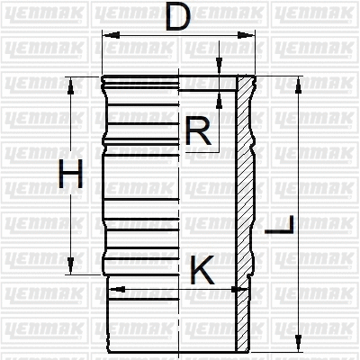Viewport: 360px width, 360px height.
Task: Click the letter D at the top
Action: point(180,16)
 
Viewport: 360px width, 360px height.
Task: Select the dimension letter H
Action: point(70,174)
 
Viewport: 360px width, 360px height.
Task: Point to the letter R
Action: point(198,133)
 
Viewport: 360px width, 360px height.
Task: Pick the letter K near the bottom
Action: point(203,270)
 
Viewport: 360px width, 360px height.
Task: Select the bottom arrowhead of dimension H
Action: point(70,267)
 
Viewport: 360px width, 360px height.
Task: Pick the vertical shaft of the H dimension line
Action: point(70,216)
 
